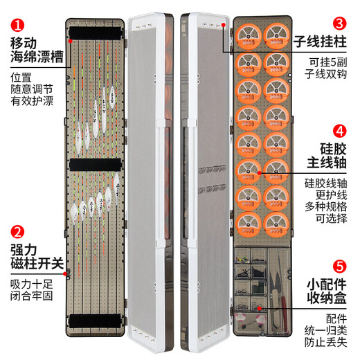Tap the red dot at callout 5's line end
pos(259,307)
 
